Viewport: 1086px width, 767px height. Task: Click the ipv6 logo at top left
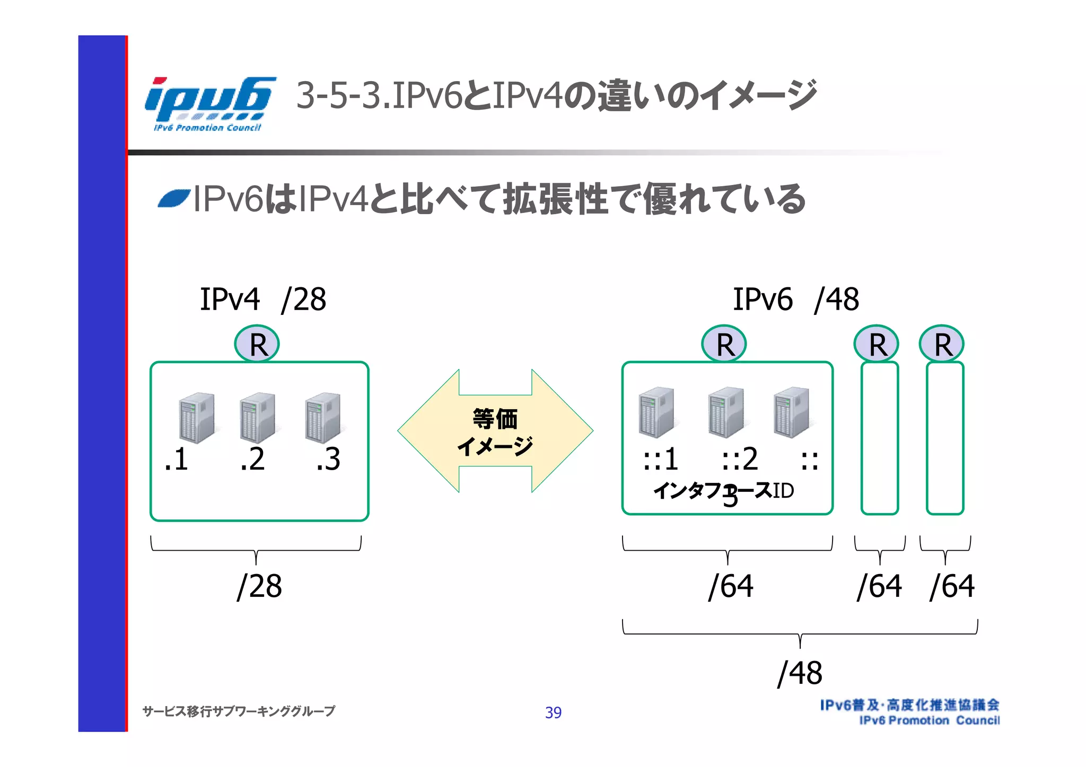click(209, 103)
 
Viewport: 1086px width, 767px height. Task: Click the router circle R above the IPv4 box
click(257, 345)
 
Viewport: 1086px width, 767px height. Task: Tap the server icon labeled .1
click(197, 418)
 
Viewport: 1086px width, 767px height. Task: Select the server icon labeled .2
click(257, 418)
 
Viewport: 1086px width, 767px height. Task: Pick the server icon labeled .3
click(322, 418)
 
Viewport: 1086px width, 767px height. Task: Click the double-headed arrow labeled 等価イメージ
click(495, 431)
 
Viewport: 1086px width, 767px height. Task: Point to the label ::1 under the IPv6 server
click(660, 459)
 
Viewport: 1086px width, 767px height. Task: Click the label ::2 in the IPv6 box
click(740, 459)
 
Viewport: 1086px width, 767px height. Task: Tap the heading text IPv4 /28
click(262, 299)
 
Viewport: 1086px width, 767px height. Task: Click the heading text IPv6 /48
click(795, 299)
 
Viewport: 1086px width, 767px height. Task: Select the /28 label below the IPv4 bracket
click(259, 586)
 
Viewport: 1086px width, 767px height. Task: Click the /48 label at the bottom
click(800, 673)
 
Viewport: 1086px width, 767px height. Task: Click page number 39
click(553, 712)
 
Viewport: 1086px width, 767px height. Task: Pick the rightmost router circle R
click(942, 345)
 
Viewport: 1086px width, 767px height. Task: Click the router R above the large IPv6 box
click(724, 345)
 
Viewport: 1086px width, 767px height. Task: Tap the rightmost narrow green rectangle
click(945, 438)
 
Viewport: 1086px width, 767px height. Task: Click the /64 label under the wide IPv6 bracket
click(731, 586)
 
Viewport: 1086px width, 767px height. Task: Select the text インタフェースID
click(724, 491)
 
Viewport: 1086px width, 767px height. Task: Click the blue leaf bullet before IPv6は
click(174, 199)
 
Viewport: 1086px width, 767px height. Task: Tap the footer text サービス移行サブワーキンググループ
click(239, 711)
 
